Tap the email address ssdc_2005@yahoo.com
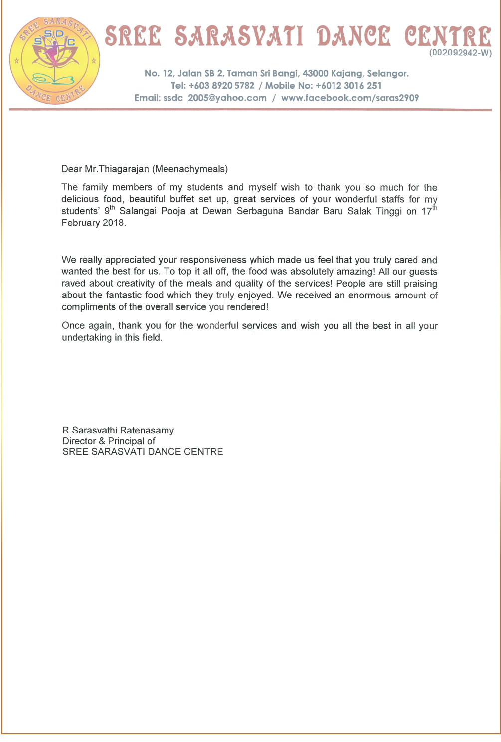coord(215,98)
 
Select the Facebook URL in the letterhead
coord(350,98)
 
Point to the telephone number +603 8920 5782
coord(221,86)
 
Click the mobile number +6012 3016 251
coord(348,86)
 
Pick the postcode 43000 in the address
coord(316,74)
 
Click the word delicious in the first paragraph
coord(81,199)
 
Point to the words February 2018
coord(93,223)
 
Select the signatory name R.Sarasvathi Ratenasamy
coord(118,430)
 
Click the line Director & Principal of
coord(109,441)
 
